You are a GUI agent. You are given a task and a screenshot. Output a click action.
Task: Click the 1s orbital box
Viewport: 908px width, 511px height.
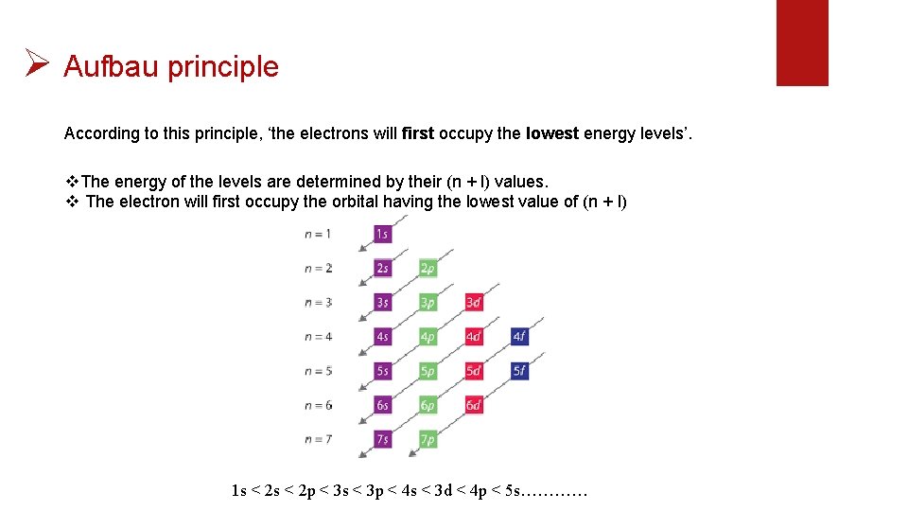coord(382,234)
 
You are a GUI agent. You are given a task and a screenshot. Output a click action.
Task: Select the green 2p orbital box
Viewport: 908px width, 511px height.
coord(428,268)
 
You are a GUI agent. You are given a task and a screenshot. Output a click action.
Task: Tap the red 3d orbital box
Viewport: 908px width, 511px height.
coord(474,302)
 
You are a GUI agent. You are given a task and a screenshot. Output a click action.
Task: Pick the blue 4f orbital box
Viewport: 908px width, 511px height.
coord(519,336)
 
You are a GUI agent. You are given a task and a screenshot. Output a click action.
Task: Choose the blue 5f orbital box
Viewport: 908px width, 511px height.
coord(519,371)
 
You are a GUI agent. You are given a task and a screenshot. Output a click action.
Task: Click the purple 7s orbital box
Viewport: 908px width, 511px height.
coord(382,439)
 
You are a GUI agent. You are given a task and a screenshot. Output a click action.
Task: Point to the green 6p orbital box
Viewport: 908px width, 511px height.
coord(428,405)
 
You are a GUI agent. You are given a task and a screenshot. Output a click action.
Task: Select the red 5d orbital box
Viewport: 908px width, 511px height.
coord(474,371)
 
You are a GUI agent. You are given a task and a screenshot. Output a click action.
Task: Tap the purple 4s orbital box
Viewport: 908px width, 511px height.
coord(382,336)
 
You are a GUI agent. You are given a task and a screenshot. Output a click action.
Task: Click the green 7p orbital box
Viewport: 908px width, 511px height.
coord(428,439)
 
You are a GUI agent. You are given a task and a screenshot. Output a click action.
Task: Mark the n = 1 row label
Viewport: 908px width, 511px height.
coord(318,234)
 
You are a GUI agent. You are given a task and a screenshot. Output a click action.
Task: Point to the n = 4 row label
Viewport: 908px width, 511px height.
coord(318,336)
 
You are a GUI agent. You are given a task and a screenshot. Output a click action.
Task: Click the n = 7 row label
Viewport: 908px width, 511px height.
coord(318,439)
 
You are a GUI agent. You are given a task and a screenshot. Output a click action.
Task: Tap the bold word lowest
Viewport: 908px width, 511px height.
coord(552,133)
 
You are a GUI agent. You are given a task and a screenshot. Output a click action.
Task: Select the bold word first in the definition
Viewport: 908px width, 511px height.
coord(417,133)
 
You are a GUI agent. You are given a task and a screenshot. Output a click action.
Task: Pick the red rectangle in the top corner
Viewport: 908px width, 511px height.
coord(802,43)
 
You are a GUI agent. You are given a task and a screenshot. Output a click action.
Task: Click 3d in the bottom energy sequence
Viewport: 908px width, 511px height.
coord(444,491)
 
